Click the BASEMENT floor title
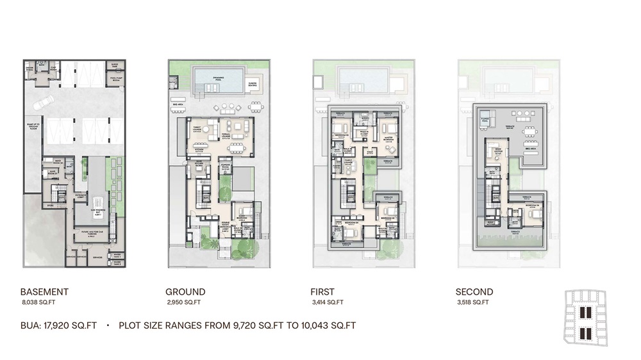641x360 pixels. (x=44, y=291)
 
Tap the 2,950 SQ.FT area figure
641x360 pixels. (x=183, y=302)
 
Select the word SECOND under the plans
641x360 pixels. (x=474, y=291)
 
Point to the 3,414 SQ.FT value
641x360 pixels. (x=328, y=302)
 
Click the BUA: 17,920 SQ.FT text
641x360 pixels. (x=58, y=325)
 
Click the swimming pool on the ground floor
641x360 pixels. (x=219, y=79)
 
